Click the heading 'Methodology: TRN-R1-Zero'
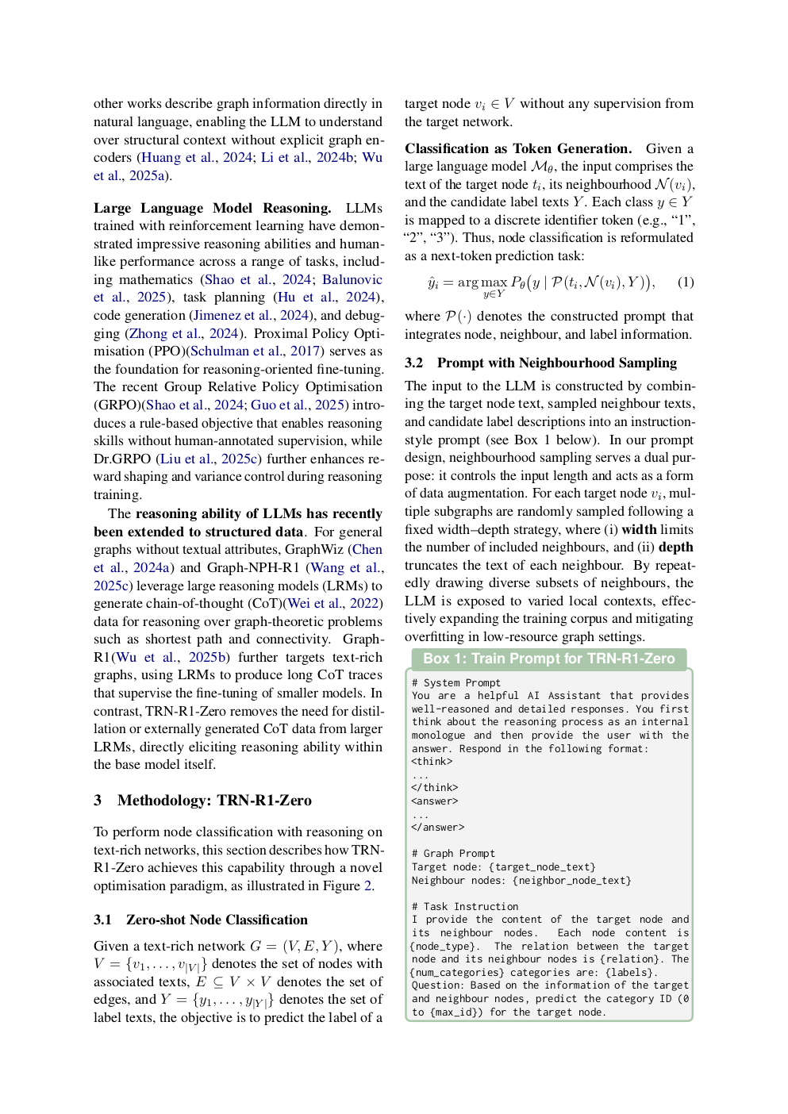(214, 800)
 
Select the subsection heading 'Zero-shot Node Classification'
(217, 920)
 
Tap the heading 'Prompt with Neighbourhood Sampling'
(556, 363)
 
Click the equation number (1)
(686, 282)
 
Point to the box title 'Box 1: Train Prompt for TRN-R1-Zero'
(548, 659)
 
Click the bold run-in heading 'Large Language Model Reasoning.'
(212, 208)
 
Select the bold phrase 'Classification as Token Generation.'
(518, 148)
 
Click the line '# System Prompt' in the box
(456, 682)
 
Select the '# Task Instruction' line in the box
(465, 906)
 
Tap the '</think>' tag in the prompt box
(434, 787)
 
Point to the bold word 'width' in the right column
(639, 529)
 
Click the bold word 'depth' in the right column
(675, 547)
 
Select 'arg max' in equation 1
(482, 282)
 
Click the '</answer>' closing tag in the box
(437, 827)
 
